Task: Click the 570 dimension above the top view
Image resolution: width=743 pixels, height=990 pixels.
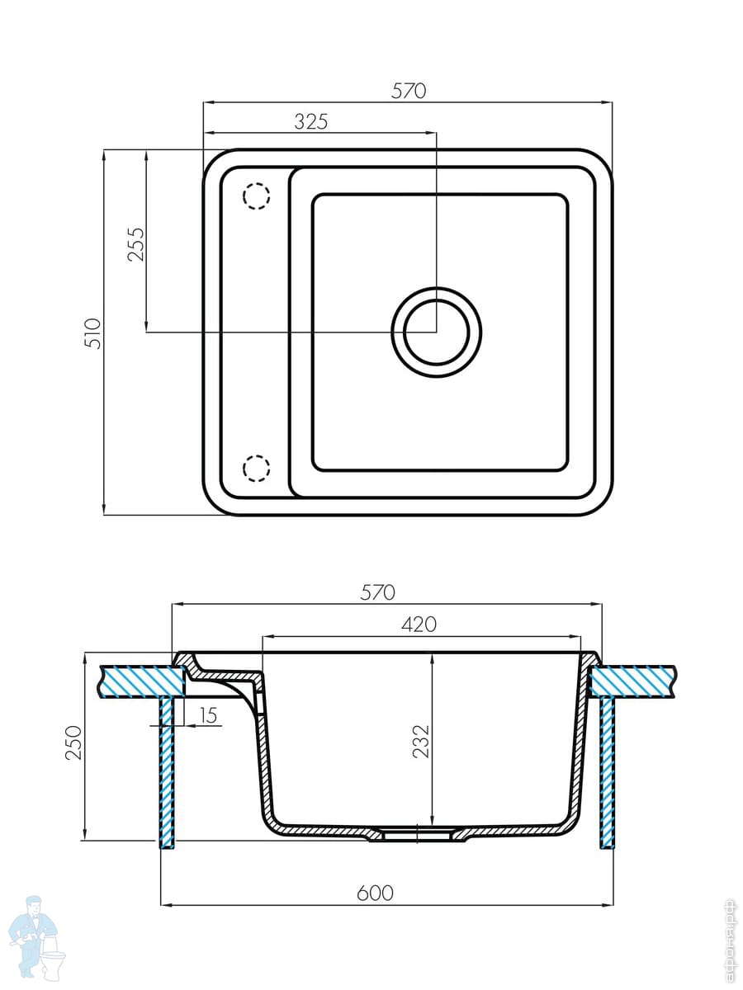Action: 409,91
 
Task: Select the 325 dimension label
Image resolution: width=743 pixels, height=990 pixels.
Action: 311,122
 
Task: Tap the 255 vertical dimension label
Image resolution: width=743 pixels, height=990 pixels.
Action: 135,244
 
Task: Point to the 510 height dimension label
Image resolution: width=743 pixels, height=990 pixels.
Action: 94,333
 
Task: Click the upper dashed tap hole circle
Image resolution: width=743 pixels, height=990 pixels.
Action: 256,196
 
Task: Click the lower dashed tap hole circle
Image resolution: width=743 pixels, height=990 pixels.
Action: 256,469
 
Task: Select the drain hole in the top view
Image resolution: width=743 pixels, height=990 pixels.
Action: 436,332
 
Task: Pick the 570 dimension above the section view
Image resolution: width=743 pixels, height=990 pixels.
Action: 377,592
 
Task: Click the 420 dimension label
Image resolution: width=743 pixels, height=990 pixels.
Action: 419,625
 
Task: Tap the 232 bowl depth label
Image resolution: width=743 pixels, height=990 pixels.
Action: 421,741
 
